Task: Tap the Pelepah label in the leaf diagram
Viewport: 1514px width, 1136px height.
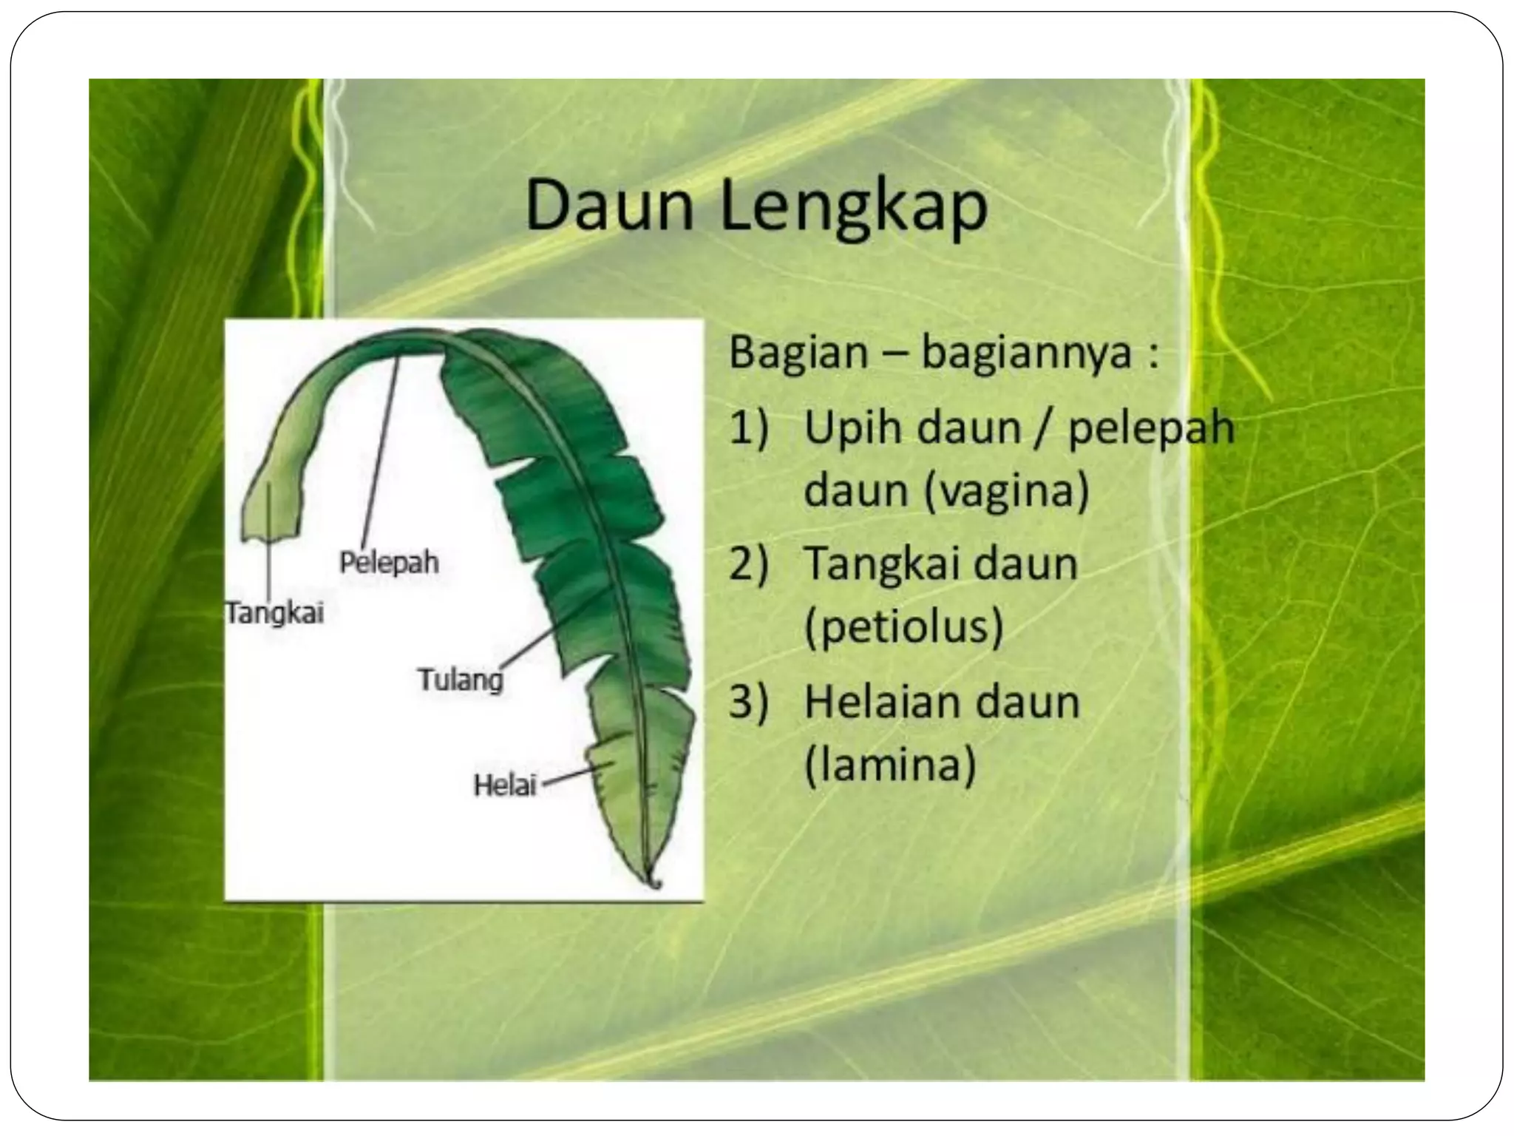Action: [x=389, y=563]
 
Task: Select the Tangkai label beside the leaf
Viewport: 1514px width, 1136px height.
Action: [x=275, y=613]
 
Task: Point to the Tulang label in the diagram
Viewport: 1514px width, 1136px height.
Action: [x=460, y=679]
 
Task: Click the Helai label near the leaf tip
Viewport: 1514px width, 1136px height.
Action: [x=504, y=785]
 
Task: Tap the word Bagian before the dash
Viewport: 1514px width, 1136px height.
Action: [x=798, y=353]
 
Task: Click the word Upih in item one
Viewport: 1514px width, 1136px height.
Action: [x=850, y=430]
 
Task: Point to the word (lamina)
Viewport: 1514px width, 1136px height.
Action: [x=889, y=765]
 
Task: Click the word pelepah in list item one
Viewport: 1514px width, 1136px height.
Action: [x=1151, y=430]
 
